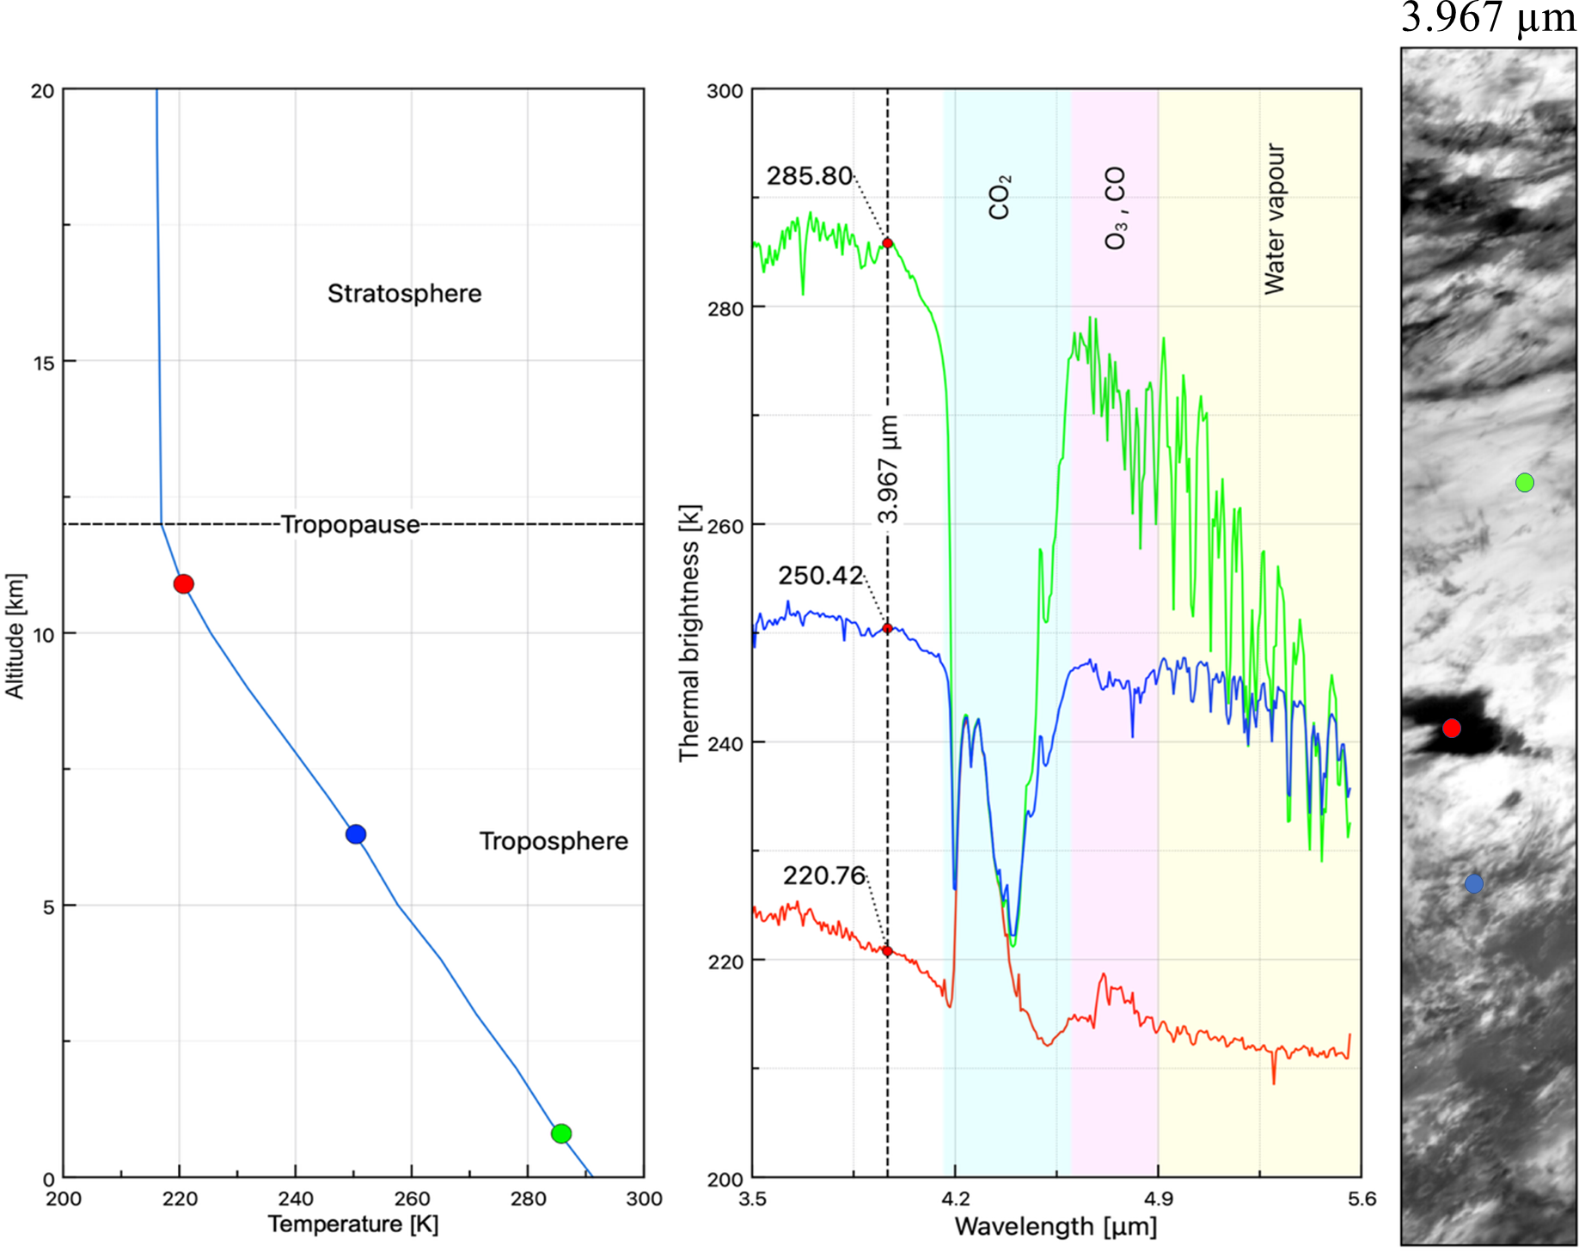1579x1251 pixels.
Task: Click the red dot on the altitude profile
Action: (183, 584)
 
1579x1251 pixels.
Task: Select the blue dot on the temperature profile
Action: (356, 834)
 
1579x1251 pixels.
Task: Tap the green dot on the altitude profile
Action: (561, 1133)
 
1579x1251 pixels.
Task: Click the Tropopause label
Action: (351, 524)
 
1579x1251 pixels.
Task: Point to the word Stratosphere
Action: (404, 294)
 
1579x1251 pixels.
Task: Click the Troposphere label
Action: (554, 841)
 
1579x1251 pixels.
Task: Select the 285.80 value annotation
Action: (809, 176)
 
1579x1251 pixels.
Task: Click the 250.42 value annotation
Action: (820, 576)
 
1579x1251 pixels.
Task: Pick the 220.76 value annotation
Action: (823, 876)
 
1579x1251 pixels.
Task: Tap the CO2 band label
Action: (1000, 198)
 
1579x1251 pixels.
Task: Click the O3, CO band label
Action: (1115, 209)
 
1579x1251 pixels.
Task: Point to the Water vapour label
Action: (1275, 219)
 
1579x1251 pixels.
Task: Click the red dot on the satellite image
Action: (1452, 729)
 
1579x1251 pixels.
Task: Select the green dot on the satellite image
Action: (1525, 483)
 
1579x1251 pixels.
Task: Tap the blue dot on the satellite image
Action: (1474, 883)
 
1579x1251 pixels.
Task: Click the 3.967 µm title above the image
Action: (1489, 17)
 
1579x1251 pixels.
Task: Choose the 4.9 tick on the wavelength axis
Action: (1159, 1199)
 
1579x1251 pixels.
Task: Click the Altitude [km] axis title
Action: (15, 636)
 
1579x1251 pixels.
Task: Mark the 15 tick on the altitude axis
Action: (43, 363)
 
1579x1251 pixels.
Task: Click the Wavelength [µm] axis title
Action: (1056, 1227)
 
